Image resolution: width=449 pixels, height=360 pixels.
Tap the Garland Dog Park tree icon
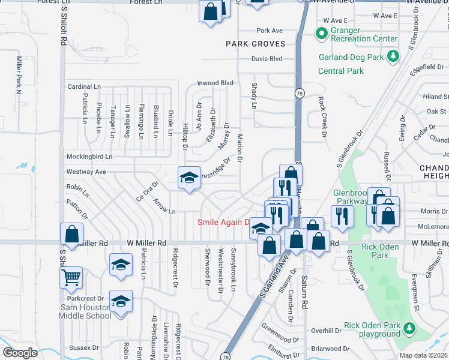pyautogui.click(x=393, y=57)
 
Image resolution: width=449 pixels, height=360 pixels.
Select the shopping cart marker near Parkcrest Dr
pyautogui.click(x=71, y=277)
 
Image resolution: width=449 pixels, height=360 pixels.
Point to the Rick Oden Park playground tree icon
pyautogui.click(x=409, y=328)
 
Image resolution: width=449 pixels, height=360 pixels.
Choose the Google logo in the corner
pyautogui.click(x=20, y=353)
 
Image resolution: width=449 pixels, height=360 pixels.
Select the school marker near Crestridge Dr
pyautogui.click(x=189, y=178)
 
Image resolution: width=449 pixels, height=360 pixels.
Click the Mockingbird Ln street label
pyautogui.click(x=90, y=157)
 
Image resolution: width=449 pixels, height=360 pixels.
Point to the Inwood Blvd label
pyautogui.click(x=215, y=83)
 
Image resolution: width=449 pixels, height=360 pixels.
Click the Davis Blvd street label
pyautogui.click(x=267, y=59)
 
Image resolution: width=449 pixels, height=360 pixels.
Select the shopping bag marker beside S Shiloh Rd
pyautogui.click(x=71, y=235)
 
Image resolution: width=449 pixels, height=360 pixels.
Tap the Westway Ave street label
pyautogui.click(x=86, y=172)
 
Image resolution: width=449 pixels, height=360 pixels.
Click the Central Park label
pyautogui.click(x=341, y=71)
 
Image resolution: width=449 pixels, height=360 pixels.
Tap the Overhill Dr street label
pyautogui.click(x=326, y=331)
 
